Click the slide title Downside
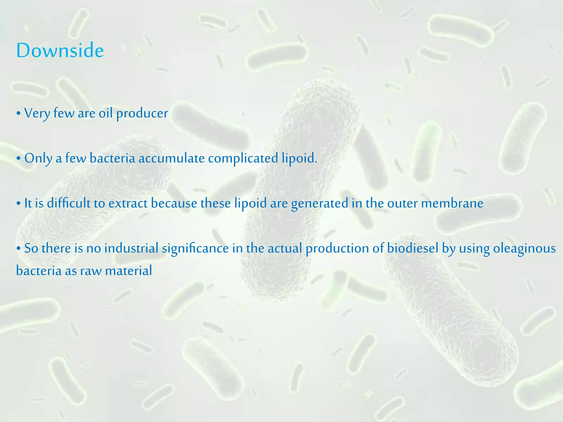(x=60, y=51)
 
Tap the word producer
(x=142, y=113)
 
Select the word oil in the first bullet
(x=106, y=113)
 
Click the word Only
(x=38, y=158)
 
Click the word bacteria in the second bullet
(x=112, y=158)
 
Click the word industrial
(x=131, y=248)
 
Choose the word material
(x=128, y=271)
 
